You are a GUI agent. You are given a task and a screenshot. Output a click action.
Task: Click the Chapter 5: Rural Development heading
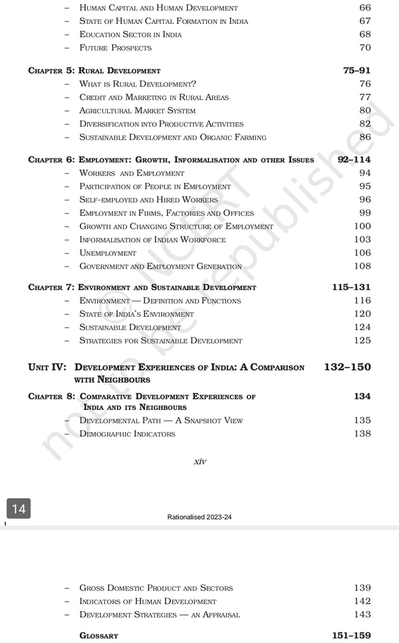(94, 71)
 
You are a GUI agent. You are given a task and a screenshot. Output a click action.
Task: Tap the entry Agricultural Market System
(138, 110)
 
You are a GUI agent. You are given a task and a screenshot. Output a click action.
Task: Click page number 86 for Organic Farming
(364, 137)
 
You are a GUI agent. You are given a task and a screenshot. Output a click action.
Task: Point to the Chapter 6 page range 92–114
(354, 160)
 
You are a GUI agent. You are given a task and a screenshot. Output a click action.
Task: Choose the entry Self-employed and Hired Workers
(148, 200)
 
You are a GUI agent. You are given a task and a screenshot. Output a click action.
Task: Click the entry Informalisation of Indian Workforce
(152, 240)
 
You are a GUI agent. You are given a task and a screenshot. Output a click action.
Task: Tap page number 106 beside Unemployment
(362, 253)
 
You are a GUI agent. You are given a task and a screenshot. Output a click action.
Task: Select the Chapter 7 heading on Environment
(142, 288)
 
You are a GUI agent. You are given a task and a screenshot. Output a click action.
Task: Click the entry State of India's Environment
(136, 314)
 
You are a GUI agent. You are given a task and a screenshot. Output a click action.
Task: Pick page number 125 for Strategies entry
(362, 341)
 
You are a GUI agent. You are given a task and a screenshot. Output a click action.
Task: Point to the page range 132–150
(348, 367)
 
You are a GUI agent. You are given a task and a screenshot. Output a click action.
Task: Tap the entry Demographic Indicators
(127, 434)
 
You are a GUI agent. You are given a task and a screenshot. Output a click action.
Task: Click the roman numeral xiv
(199, 462)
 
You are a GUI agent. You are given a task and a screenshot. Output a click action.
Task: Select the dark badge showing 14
(19, 509)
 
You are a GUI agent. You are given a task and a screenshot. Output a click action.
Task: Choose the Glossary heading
(98, 636)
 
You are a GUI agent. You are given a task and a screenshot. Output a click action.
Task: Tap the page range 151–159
(351, 636)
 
